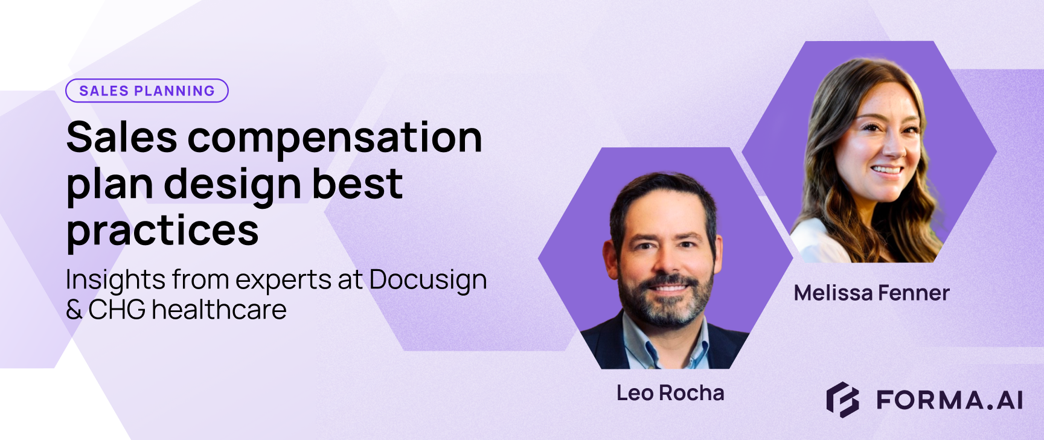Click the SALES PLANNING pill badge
[x=147, y=91]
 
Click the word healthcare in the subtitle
[x=219, y=310]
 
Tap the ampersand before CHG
[x=74, y=310]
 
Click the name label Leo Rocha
[x=670, y=393]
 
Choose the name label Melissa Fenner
[x=871, y=293]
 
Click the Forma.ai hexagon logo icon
[x=842, y=400]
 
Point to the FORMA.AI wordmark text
[x=950, y=400]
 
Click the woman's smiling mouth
[x=886, y=170]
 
